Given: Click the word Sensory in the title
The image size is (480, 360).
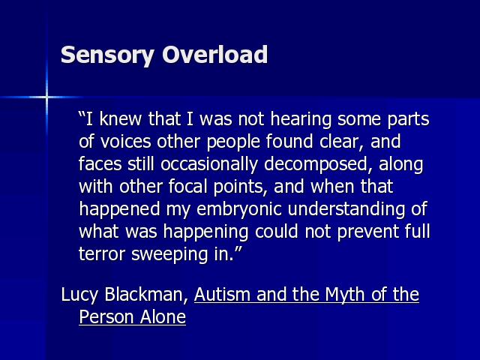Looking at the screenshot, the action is (107, 55).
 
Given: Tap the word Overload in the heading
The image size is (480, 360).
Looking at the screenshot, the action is (215, 54).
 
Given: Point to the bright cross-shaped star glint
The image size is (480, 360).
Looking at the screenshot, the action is (46, 97).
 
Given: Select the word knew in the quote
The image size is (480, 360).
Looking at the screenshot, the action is (120, 118).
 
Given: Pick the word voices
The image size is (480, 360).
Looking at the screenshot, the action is (125, 142).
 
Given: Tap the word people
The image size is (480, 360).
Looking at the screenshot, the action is (233, 142).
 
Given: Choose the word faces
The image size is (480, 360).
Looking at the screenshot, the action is (100, 163).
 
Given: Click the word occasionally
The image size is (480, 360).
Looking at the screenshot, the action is (209, 165).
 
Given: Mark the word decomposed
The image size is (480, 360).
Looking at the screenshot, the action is (315, 165).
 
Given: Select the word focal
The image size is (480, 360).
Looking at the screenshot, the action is (188, 187).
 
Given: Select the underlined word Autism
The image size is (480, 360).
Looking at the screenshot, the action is (223, 294).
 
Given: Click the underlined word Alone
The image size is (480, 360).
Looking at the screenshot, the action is (163, 316).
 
